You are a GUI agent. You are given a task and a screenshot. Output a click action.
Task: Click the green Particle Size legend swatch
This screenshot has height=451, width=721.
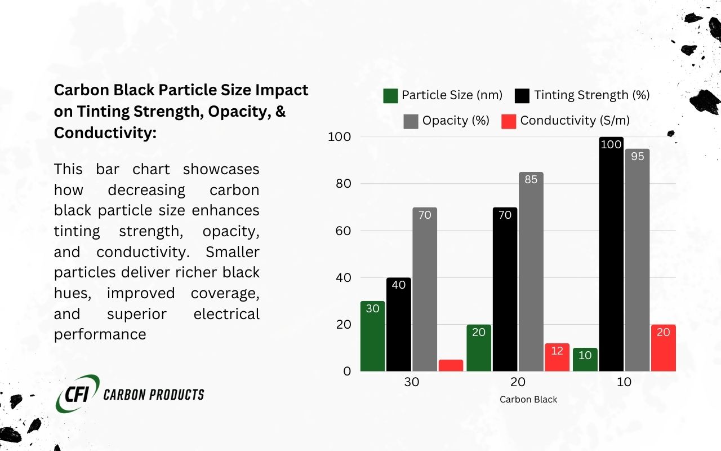tap(390, 96)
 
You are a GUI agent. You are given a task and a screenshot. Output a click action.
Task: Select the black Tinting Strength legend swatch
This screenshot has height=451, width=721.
tap(522, 96)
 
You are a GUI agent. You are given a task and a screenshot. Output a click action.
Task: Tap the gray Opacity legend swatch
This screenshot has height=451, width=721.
tap(411, 121)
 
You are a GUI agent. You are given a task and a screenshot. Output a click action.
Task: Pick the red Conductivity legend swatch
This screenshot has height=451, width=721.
tap(509, 121)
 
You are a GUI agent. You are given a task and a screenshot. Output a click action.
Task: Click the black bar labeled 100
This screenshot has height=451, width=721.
tap(611, 254)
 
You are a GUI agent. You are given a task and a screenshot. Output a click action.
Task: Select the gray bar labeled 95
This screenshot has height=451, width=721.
tap(637, 259)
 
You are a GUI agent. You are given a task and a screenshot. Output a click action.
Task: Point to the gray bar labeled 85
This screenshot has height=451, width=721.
tap(531, 271)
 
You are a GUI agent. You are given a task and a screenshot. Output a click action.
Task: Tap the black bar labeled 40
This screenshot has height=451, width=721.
tap(399, 324)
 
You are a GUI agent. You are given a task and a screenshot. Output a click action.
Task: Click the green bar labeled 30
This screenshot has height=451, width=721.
tap(373, 336)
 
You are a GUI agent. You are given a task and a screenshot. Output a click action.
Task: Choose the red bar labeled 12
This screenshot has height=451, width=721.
tap(557, 357)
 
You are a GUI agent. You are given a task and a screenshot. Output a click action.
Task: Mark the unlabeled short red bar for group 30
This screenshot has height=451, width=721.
tap(451, 365)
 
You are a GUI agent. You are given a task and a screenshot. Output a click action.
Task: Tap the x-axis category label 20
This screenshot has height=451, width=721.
tap(518, 382)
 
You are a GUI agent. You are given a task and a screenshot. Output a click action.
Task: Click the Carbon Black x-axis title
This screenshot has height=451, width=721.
tap(528, 399)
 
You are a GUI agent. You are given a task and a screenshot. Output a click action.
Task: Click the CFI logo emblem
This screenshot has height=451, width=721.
tap(78, 393)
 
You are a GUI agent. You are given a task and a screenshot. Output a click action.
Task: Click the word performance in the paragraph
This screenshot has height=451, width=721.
tap(100, 334)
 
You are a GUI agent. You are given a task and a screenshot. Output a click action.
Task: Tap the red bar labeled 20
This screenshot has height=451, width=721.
tap(663, 347)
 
